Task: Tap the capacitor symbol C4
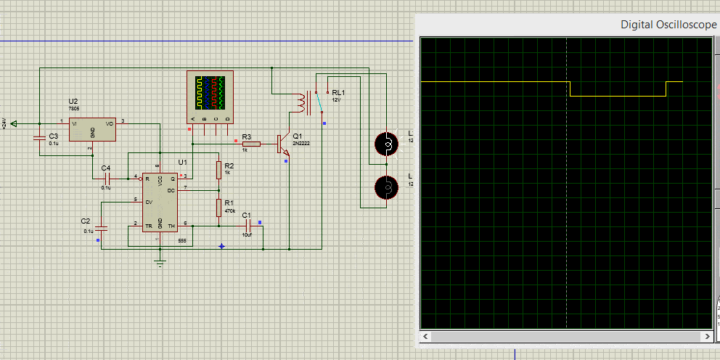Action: pyautogui.click(x=108, y=178)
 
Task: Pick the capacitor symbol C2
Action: pyautogui.click(x=101, y=228)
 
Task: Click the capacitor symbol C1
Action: pyautogui.click(x=247, y=226)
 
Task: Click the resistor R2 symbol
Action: pyautogui.click(x=218, y=170)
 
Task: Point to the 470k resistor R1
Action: pyautogui.click(x=218, y=208)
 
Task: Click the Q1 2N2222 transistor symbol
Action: pyautogui.click(x=284, y=144)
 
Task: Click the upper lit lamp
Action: pyautogui.click(x=388, y=144)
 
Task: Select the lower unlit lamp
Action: pyautogui.click(x=388, y=188)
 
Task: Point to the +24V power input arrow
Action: pyautogui.click(x=15, y=123)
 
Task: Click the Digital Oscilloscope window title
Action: pyautogui.click(x=668, y=25)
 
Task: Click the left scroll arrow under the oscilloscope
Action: pyautogui.click(x=426, y=337)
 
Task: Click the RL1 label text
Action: pyautogui.click(x=338, y=92)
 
